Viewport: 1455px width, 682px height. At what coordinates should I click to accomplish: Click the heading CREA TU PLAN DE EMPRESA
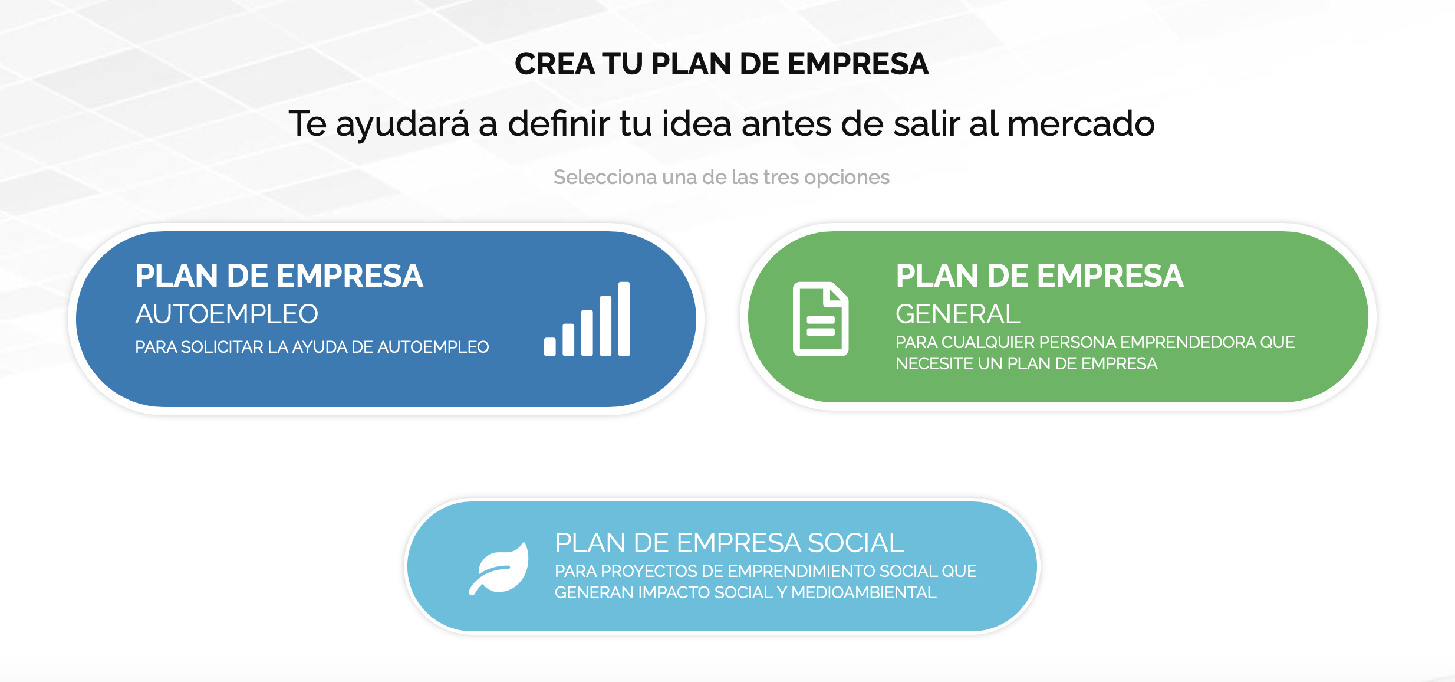pos(722,64)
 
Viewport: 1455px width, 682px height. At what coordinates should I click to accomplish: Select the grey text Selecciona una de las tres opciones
pos(721,177)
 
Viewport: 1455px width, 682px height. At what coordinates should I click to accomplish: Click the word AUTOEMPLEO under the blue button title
pos(227,314)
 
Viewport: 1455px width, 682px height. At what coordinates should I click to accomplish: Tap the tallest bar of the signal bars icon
pos(624,319)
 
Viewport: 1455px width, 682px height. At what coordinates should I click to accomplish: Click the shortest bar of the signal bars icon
pos(549,346)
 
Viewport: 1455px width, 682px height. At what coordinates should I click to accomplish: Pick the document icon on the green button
pos(821,319)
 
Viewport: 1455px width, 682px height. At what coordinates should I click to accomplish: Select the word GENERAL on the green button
pos(958,314)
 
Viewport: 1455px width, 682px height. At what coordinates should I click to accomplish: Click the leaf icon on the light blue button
pos(499,569)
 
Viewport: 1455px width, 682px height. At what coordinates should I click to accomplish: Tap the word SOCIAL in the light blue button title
pos(855,543)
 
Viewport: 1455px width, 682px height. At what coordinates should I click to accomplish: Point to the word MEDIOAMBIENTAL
pos(864,592)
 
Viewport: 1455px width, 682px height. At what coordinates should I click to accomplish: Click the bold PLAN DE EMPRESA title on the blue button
pos(279,276)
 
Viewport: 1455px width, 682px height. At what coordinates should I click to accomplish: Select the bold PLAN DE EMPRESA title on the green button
pos(1040,276)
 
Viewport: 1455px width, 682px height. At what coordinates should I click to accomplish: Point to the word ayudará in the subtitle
pos(403,124)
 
